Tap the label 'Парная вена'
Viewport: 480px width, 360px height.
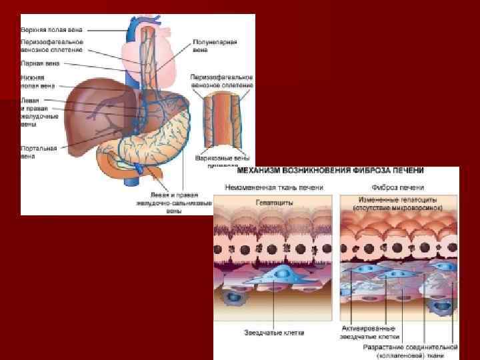(41, 63)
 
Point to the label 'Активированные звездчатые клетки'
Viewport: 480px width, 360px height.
(368, 333)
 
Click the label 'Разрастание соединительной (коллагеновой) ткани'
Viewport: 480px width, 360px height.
(410, 351)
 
